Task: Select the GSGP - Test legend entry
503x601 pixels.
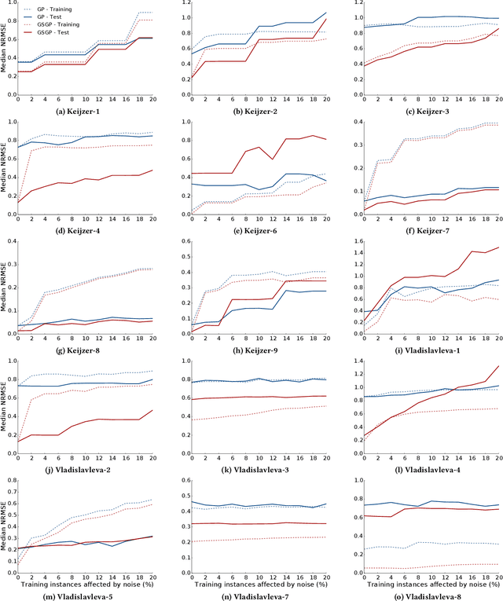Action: [51, 34]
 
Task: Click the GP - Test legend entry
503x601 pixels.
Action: [47, 16]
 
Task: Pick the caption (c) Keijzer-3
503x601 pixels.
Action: [424, 111]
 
